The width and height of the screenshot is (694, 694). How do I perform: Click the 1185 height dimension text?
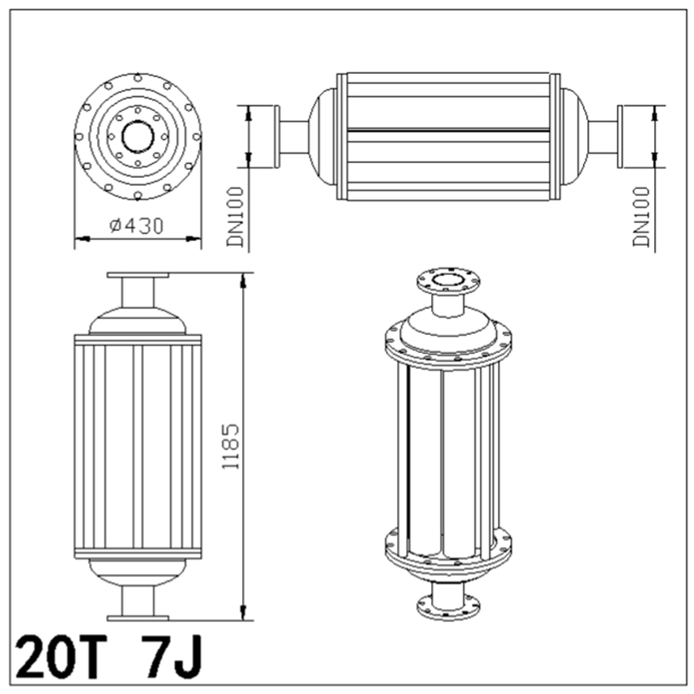230,446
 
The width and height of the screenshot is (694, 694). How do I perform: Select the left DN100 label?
235,217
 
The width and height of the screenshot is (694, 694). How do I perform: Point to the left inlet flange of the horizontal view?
273,136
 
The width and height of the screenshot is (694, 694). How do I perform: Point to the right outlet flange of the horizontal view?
626,136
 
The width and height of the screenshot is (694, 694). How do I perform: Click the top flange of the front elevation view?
138,276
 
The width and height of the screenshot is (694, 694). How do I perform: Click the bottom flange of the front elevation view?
138,617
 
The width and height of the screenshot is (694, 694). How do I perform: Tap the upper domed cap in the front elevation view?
138,320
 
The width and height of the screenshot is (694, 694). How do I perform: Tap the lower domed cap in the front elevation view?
138,572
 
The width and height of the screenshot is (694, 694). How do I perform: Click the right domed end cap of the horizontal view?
574,136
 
